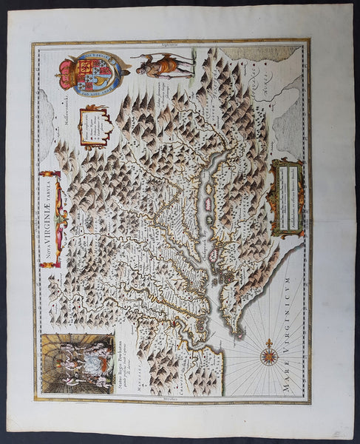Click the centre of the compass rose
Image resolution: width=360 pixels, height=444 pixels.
click(x=270, y=357)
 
